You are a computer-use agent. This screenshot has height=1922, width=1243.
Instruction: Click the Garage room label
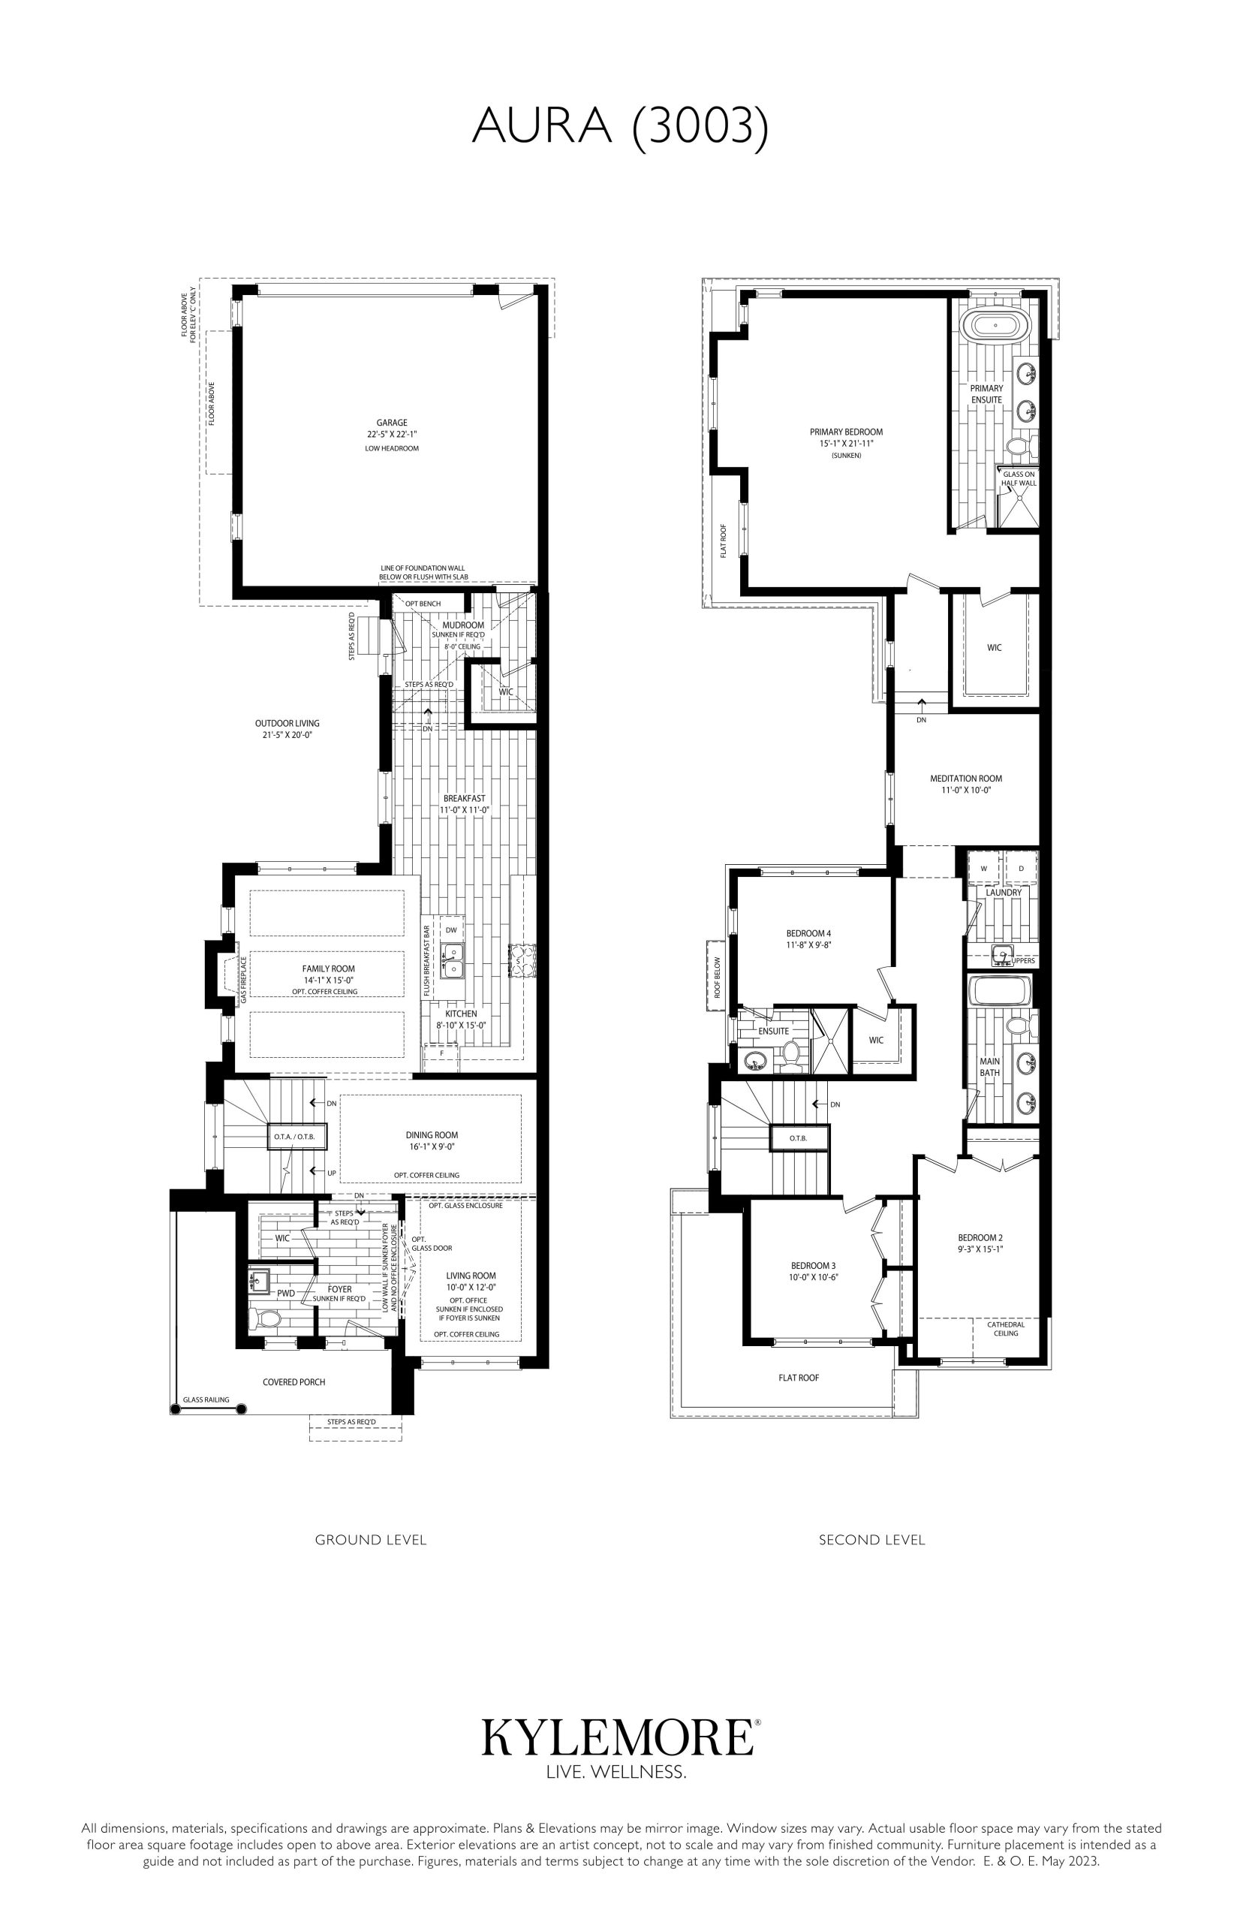[x=392, y=422]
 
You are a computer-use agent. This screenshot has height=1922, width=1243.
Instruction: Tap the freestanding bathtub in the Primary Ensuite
[x=995, y=325]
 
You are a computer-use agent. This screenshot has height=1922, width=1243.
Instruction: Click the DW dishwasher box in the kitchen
[x=451, y=930]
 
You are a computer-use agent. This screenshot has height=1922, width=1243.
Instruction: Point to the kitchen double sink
[x=452, y=960]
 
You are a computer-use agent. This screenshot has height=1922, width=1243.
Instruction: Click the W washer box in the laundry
[x=984, y=869]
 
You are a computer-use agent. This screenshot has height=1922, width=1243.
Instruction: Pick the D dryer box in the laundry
[x=1021, y=869]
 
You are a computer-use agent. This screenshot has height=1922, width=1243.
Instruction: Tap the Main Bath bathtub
[x=1000, y=990]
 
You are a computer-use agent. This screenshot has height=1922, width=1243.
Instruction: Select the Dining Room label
[x=432, y=1135]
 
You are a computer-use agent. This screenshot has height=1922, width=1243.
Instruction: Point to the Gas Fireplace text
[x=243, y=980]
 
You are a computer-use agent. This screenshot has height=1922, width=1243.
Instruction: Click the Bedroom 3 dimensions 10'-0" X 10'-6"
[x=813, y=1277]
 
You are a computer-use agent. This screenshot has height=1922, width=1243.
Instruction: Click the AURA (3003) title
[x=620, y=127]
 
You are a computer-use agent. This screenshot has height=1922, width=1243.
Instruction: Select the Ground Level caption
[x=371, y=1539]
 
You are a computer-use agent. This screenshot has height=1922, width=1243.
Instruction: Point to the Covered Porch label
[x=293, y=1382]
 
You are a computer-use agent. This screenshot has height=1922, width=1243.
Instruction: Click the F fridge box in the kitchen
[x=441, y=1053]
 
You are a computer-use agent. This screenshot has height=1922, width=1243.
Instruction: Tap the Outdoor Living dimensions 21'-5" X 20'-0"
[x=287, y=735]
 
